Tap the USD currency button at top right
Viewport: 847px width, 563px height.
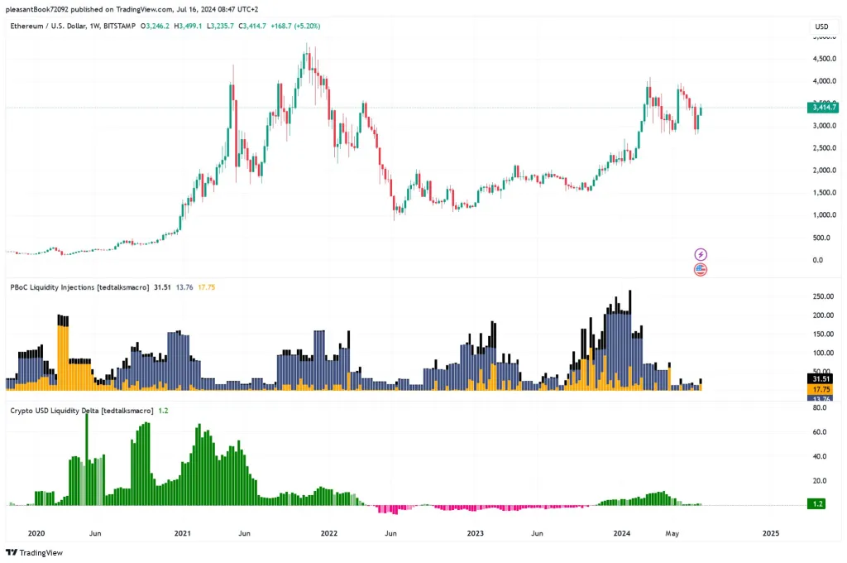(821, 26)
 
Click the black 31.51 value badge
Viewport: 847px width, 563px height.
(821, 378)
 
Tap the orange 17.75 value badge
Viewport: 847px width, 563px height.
(821, 389)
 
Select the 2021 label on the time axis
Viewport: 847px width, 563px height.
(182, 533)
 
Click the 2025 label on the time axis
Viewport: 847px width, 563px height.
(770, 533)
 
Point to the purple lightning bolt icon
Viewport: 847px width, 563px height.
(701, 254)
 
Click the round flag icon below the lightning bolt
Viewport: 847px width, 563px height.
(701, 269)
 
